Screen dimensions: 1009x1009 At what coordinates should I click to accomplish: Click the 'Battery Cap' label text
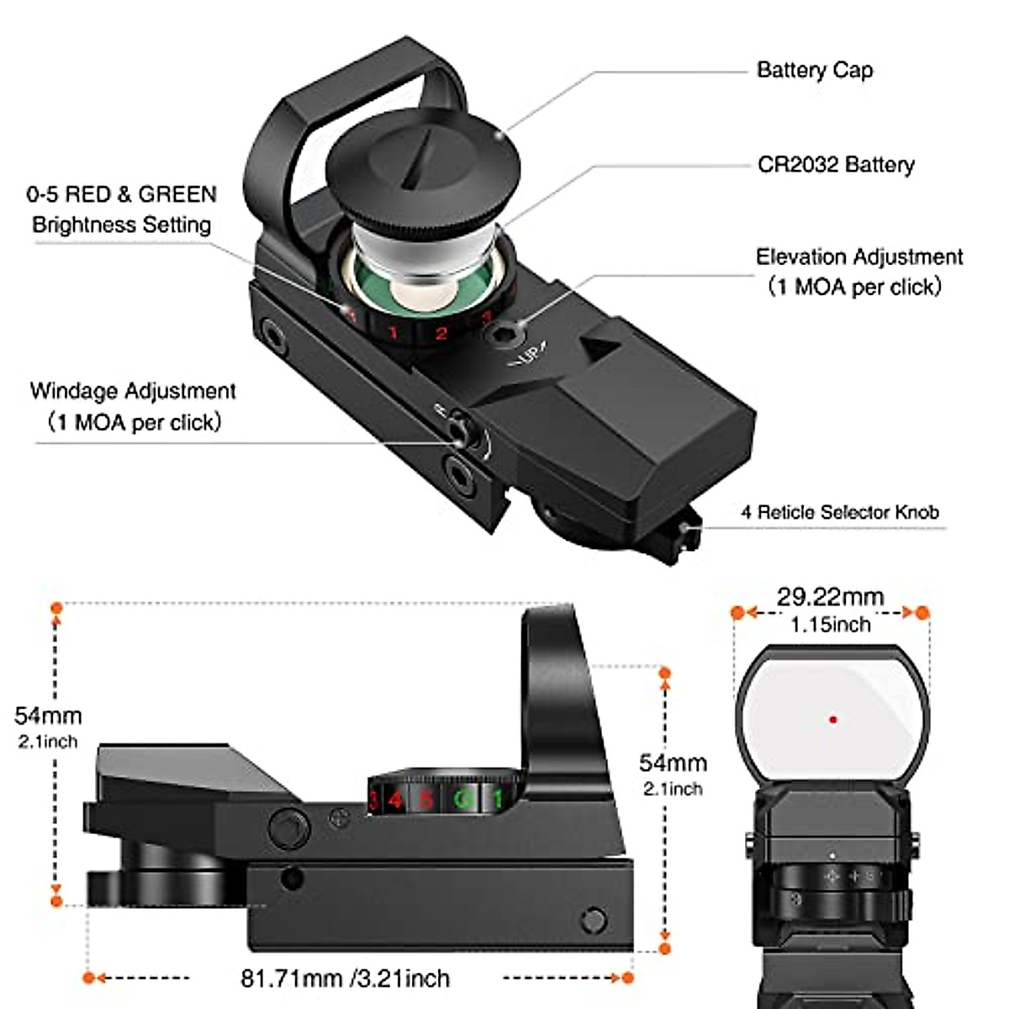(x=814, y=70)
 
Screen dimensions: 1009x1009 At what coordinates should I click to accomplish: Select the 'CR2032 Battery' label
(x=835, y=165)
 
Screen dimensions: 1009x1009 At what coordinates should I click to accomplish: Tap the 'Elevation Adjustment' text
(x=858, y=256)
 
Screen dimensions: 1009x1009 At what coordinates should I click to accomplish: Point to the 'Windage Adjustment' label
(x=133, y=391)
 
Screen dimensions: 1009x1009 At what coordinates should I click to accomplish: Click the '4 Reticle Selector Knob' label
(x=839, y=512)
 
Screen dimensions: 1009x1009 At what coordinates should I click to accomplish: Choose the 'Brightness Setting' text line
(x=121, y=225)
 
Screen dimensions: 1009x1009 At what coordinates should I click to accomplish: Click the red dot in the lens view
(x=832, y=720)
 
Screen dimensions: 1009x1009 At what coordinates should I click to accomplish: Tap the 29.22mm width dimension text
(x=830, y=597)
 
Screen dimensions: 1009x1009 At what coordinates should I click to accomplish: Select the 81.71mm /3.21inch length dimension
(x=345, y=978)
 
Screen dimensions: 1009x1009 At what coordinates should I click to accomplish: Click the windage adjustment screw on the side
(x=457, y=431)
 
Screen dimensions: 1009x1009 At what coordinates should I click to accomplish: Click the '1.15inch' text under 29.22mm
(x=830, y=625)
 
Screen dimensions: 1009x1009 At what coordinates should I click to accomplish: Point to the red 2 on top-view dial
(x=440, y=334)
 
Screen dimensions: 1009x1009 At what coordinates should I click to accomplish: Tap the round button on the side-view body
(x=288, y=828)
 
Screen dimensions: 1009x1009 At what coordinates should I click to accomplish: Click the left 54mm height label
(x=48, y=716)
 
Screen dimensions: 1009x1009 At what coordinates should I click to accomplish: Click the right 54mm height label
(x=673, y=763)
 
